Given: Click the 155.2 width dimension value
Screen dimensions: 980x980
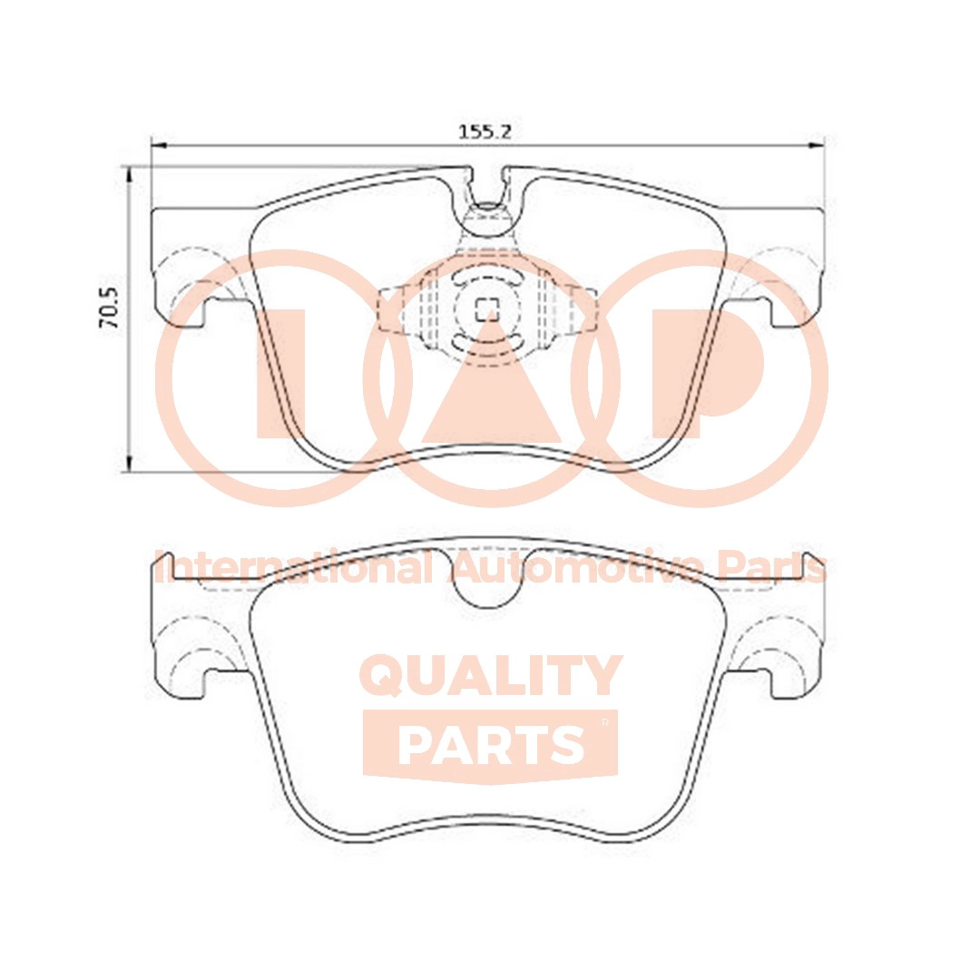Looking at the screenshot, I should coord(485,132).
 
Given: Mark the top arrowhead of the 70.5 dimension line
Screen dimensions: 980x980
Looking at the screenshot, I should coord(132,171).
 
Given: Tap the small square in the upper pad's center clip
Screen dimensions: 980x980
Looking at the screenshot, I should coord(486,309).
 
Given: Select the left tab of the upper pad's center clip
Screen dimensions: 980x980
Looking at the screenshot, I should coord(390,309).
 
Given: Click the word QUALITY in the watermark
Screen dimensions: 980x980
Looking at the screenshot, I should coord(491,676).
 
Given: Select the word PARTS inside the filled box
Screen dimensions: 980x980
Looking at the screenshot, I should coord(491,745).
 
